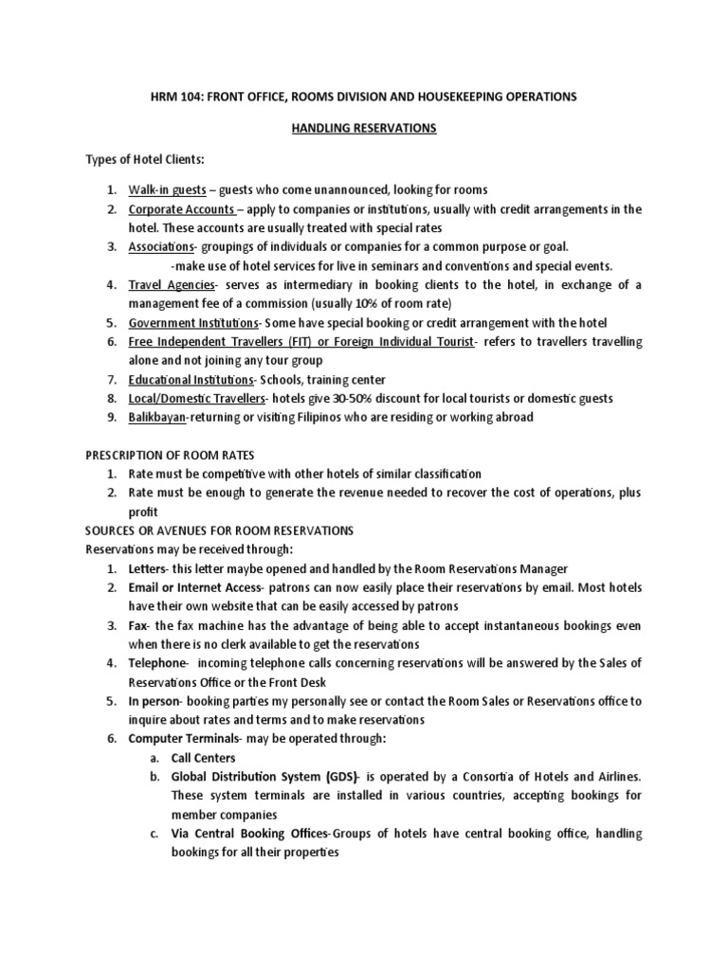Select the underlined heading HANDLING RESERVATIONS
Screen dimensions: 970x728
point(363,128)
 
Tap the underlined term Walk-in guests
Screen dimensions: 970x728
point(167,189)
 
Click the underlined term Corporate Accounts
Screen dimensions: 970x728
point(181,208)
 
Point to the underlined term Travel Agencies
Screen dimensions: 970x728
point(172,284)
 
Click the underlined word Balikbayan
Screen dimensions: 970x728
point(157,417)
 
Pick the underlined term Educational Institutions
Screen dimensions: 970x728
point(190,379)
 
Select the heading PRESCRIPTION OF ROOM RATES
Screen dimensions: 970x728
point(169,455)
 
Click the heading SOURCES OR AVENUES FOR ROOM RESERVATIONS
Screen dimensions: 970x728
point(219,530)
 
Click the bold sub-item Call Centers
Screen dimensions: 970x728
point(203,759)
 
